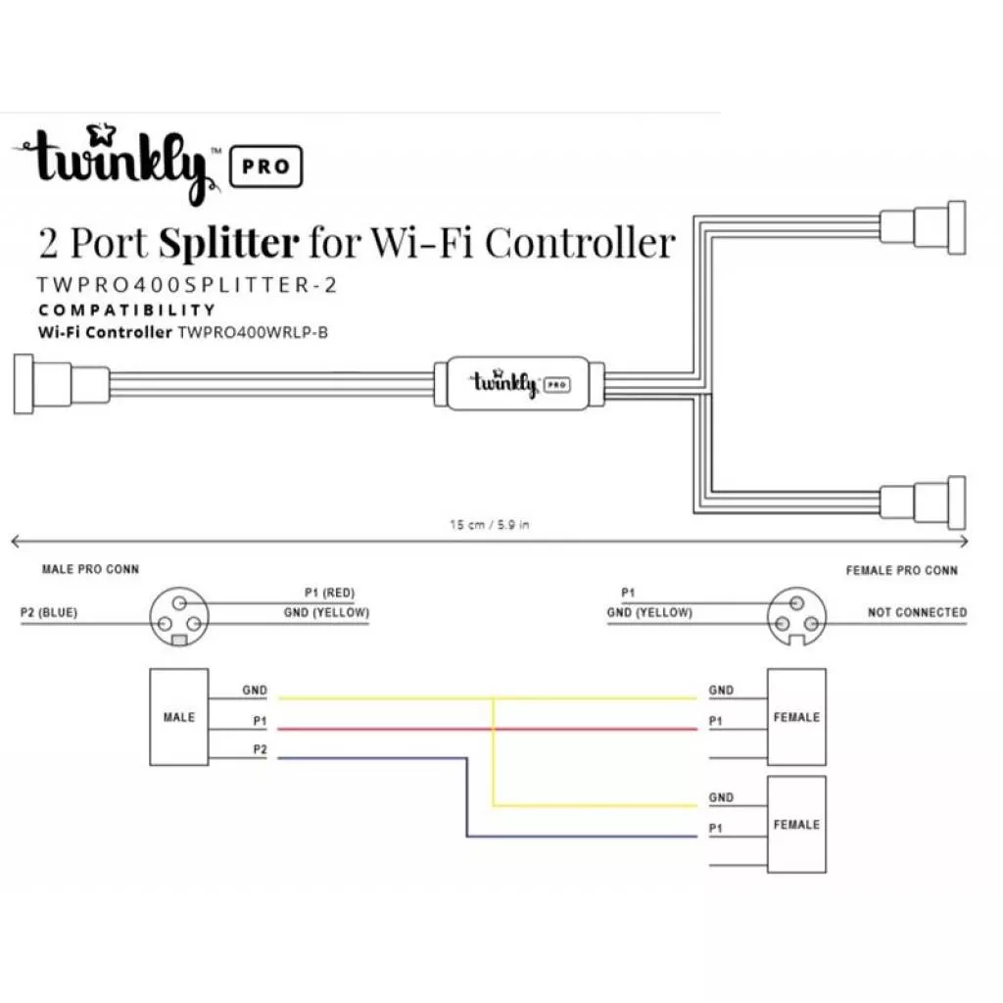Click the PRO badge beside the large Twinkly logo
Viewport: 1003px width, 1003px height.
[264, 166]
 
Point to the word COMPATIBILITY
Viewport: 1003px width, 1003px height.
[126, 310]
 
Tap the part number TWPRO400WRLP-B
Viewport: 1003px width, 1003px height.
[253, 332]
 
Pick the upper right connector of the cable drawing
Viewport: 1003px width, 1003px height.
[923, 228]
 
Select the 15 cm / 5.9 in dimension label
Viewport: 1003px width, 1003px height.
[490, 525]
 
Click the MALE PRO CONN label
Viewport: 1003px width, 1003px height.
[90, 569]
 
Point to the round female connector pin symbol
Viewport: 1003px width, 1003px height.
[796, 617]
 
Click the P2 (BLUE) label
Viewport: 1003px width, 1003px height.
[49, 613]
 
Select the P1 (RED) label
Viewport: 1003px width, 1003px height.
[330, 593]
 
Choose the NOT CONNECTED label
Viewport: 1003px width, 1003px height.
[917, 613]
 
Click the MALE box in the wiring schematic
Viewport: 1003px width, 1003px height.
[178, 717]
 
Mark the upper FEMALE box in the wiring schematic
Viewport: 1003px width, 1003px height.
[796, 717]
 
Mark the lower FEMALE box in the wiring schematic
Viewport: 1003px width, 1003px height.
[796, 825]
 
